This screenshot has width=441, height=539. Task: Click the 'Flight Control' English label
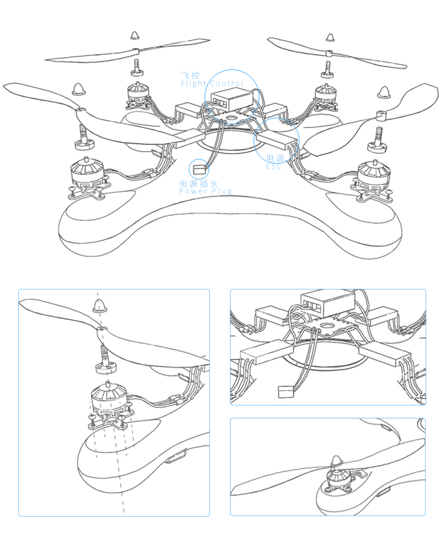point(212,84)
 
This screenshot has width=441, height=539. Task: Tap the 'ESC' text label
point(274,167)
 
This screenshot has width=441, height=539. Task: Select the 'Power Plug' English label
point(206,191)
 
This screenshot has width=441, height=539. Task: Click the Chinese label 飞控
point(190,75)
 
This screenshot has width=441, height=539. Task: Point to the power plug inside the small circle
point(201,169)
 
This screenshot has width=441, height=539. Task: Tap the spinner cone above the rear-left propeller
point(135,35)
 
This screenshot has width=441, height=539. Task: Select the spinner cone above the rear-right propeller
point(330,38)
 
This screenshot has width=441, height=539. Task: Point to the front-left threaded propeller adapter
point(84,138)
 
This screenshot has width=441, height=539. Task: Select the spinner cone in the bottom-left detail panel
point(99,305)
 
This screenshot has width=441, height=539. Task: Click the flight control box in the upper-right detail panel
point(327,302)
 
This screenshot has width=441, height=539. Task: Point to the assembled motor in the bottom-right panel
point(336,474)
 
